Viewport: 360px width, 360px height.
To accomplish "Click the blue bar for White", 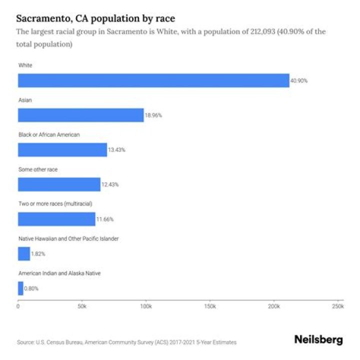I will (153, 80).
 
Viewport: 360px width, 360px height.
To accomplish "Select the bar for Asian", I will (81, 115).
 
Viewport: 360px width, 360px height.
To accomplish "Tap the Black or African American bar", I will (62, 149).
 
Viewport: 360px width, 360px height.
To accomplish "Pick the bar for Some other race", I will (59, 184).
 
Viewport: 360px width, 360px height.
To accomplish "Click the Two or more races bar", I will (56, 219).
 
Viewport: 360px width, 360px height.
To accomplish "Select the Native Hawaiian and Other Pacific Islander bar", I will (24, 253).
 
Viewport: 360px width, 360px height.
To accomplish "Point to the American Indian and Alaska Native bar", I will (20, 288).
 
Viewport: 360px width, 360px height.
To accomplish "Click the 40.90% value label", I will (299, 80).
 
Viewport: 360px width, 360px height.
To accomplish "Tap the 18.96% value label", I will (153, 115).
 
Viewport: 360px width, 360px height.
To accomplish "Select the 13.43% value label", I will (116, 150).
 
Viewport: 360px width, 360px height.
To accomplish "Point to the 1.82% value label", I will (38, 253).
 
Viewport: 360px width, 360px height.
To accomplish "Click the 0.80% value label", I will (31, 288).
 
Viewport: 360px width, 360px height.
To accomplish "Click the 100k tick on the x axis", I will (146, 305).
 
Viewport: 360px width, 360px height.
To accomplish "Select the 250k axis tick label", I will (338, 305).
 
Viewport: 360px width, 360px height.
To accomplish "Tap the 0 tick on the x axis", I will (18, 305).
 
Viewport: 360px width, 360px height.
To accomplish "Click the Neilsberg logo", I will (318, 340).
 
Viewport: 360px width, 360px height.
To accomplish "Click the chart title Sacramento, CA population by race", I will (96, 19).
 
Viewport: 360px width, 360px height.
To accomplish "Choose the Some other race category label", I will (38, 169).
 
